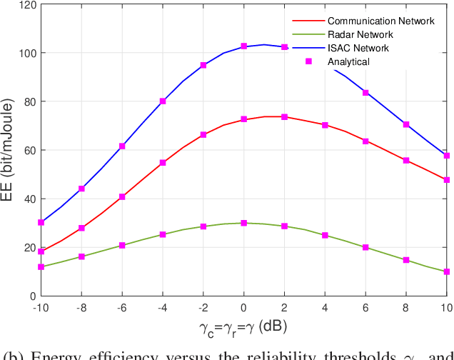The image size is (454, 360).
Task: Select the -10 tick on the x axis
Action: pos(41,308)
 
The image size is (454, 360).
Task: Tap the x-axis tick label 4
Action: pos(325,308)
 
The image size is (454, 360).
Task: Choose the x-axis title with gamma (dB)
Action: pos(244,327)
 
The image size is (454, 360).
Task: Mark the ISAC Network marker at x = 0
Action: pos(244,46)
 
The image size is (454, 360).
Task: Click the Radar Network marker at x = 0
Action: pos(244,223)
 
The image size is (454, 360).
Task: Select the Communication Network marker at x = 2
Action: pos(285,116)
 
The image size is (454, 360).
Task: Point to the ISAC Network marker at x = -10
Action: pos(41,222)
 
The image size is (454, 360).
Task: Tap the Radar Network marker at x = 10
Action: pos(447,271)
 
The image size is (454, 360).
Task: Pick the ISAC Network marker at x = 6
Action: pos(365,93)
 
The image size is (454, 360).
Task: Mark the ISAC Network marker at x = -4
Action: pos(163,101)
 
